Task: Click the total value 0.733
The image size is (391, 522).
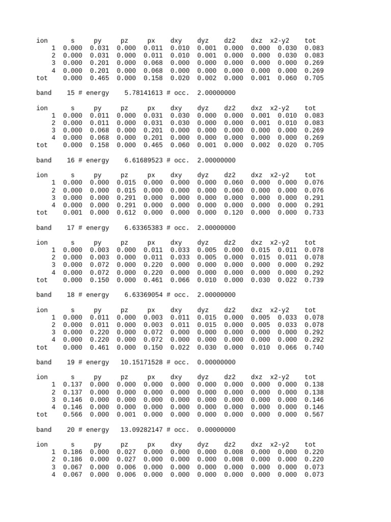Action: pyautogui.click(x=314, y=213)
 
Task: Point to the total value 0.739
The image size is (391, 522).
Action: pyautogui.click(x=314, y=280)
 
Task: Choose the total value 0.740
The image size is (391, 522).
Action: pyautogui.click(x=314, y=347)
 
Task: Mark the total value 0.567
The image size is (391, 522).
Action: pyautogui.click(x=314, y=414)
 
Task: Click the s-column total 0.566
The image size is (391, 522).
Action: pyautogui.click(x=72, y=414)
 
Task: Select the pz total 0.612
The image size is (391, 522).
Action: pyautogui.click(x=126, y=213)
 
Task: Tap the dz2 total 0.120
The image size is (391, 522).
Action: pyautogui.click(x=234, y=213)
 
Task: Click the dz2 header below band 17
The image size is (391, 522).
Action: pyautogui.click(x=230, y=243)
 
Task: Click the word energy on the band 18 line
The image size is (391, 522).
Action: pyautogui.click(x=97, y=295)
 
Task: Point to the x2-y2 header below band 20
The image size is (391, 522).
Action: pyautogui.click(x=280, y=445)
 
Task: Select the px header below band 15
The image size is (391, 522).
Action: pyautogui.click(x=151, y=108)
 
